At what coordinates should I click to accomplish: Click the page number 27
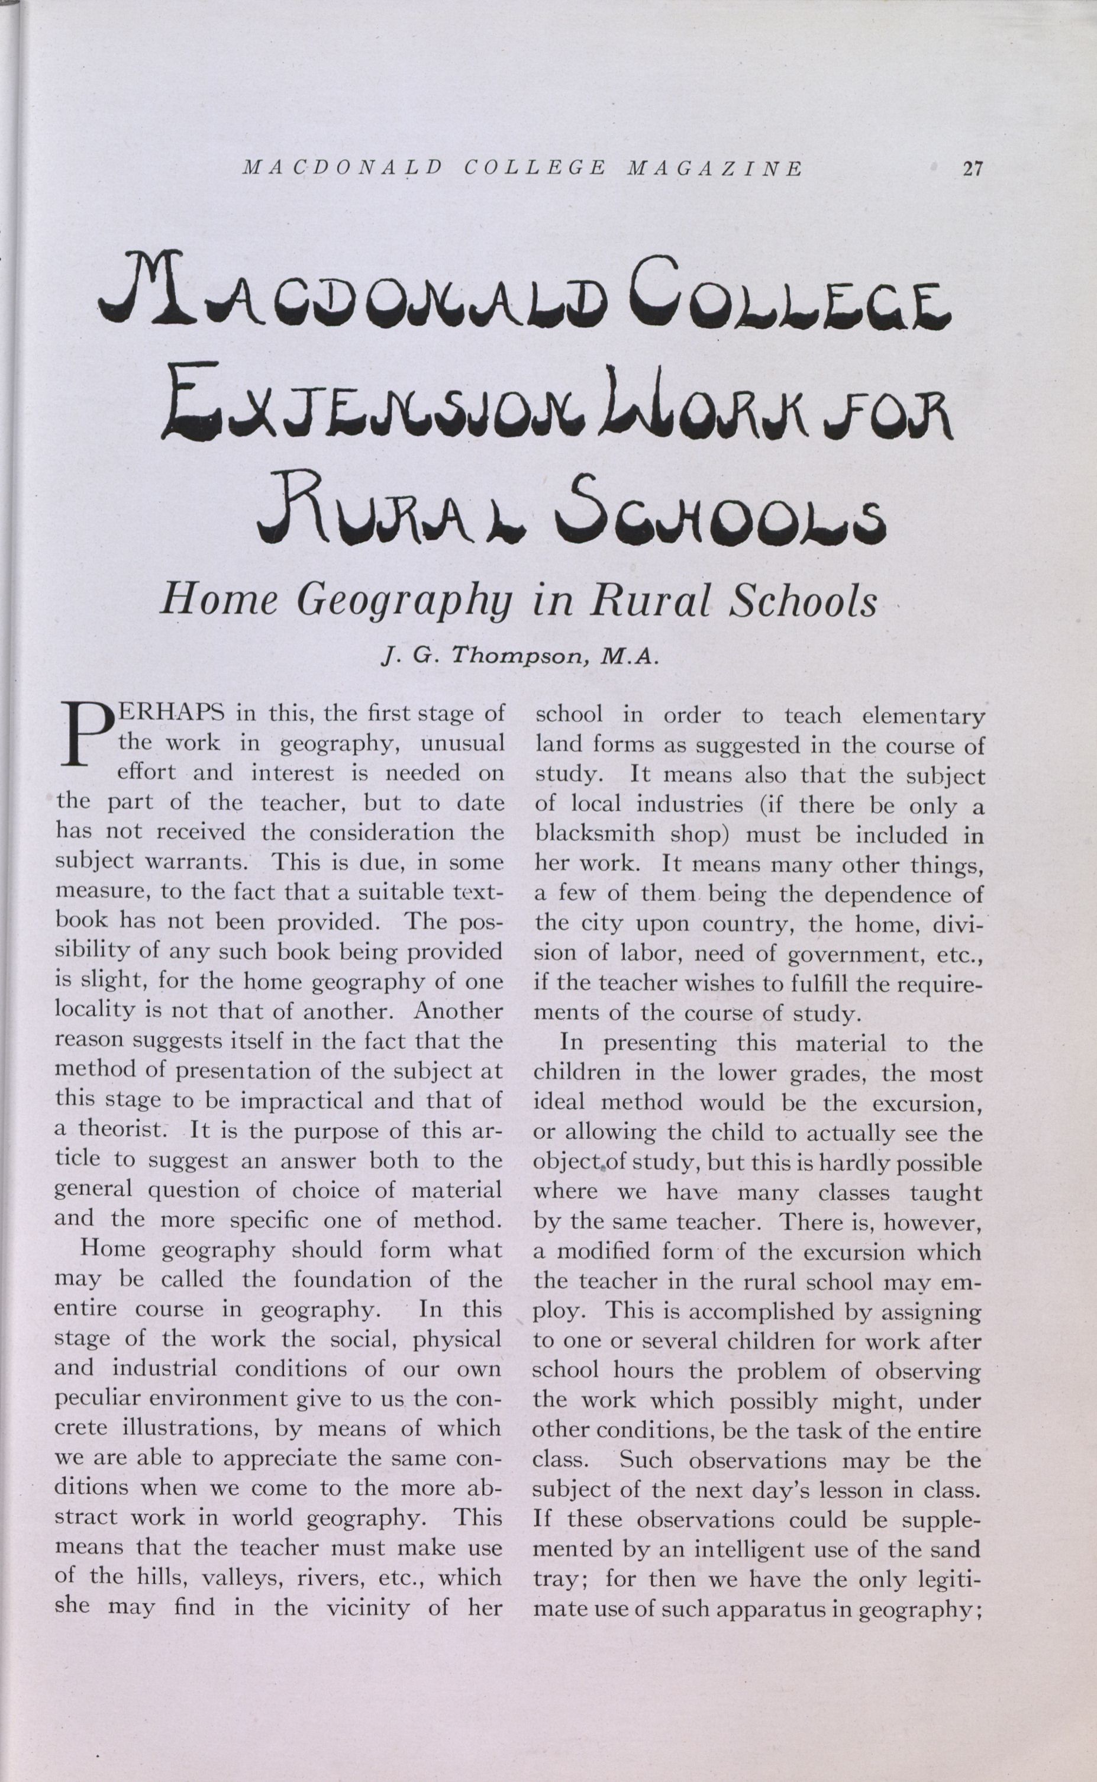[x=972, y=169]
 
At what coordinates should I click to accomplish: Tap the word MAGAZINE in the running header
[x=714, y=169]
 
